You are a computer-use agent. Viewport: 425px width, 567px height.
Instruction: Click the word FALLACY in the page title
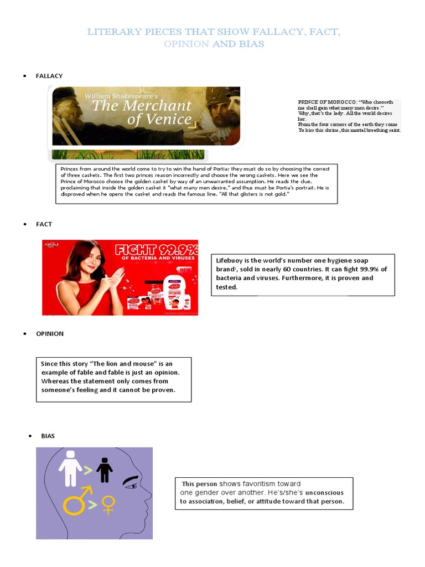coord(281,32)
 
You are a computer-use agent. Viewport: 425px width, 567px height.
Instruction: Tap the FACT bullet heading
coord(44,224)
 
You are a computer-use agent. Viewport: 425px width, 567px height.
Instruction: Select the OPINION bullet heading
coord(50,334)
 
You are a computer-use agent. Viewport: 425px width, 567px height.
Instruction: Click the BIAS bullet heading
coord(48,436)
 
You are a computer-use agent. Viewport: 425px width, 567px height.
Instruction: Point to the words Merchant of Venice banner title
coord(142,112)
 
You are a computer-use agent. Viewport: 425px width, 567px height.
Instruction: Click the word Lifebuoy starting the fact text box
coord(229,261)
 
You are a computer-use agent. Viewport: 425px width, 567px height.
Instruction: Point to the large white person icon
coord(70,468)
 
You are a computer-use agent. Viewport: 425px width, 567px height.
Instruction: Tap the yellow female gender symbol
coord(108,504)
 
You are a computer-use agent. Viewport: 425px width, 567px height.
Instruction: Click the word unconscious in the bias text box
coord(324,493)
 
